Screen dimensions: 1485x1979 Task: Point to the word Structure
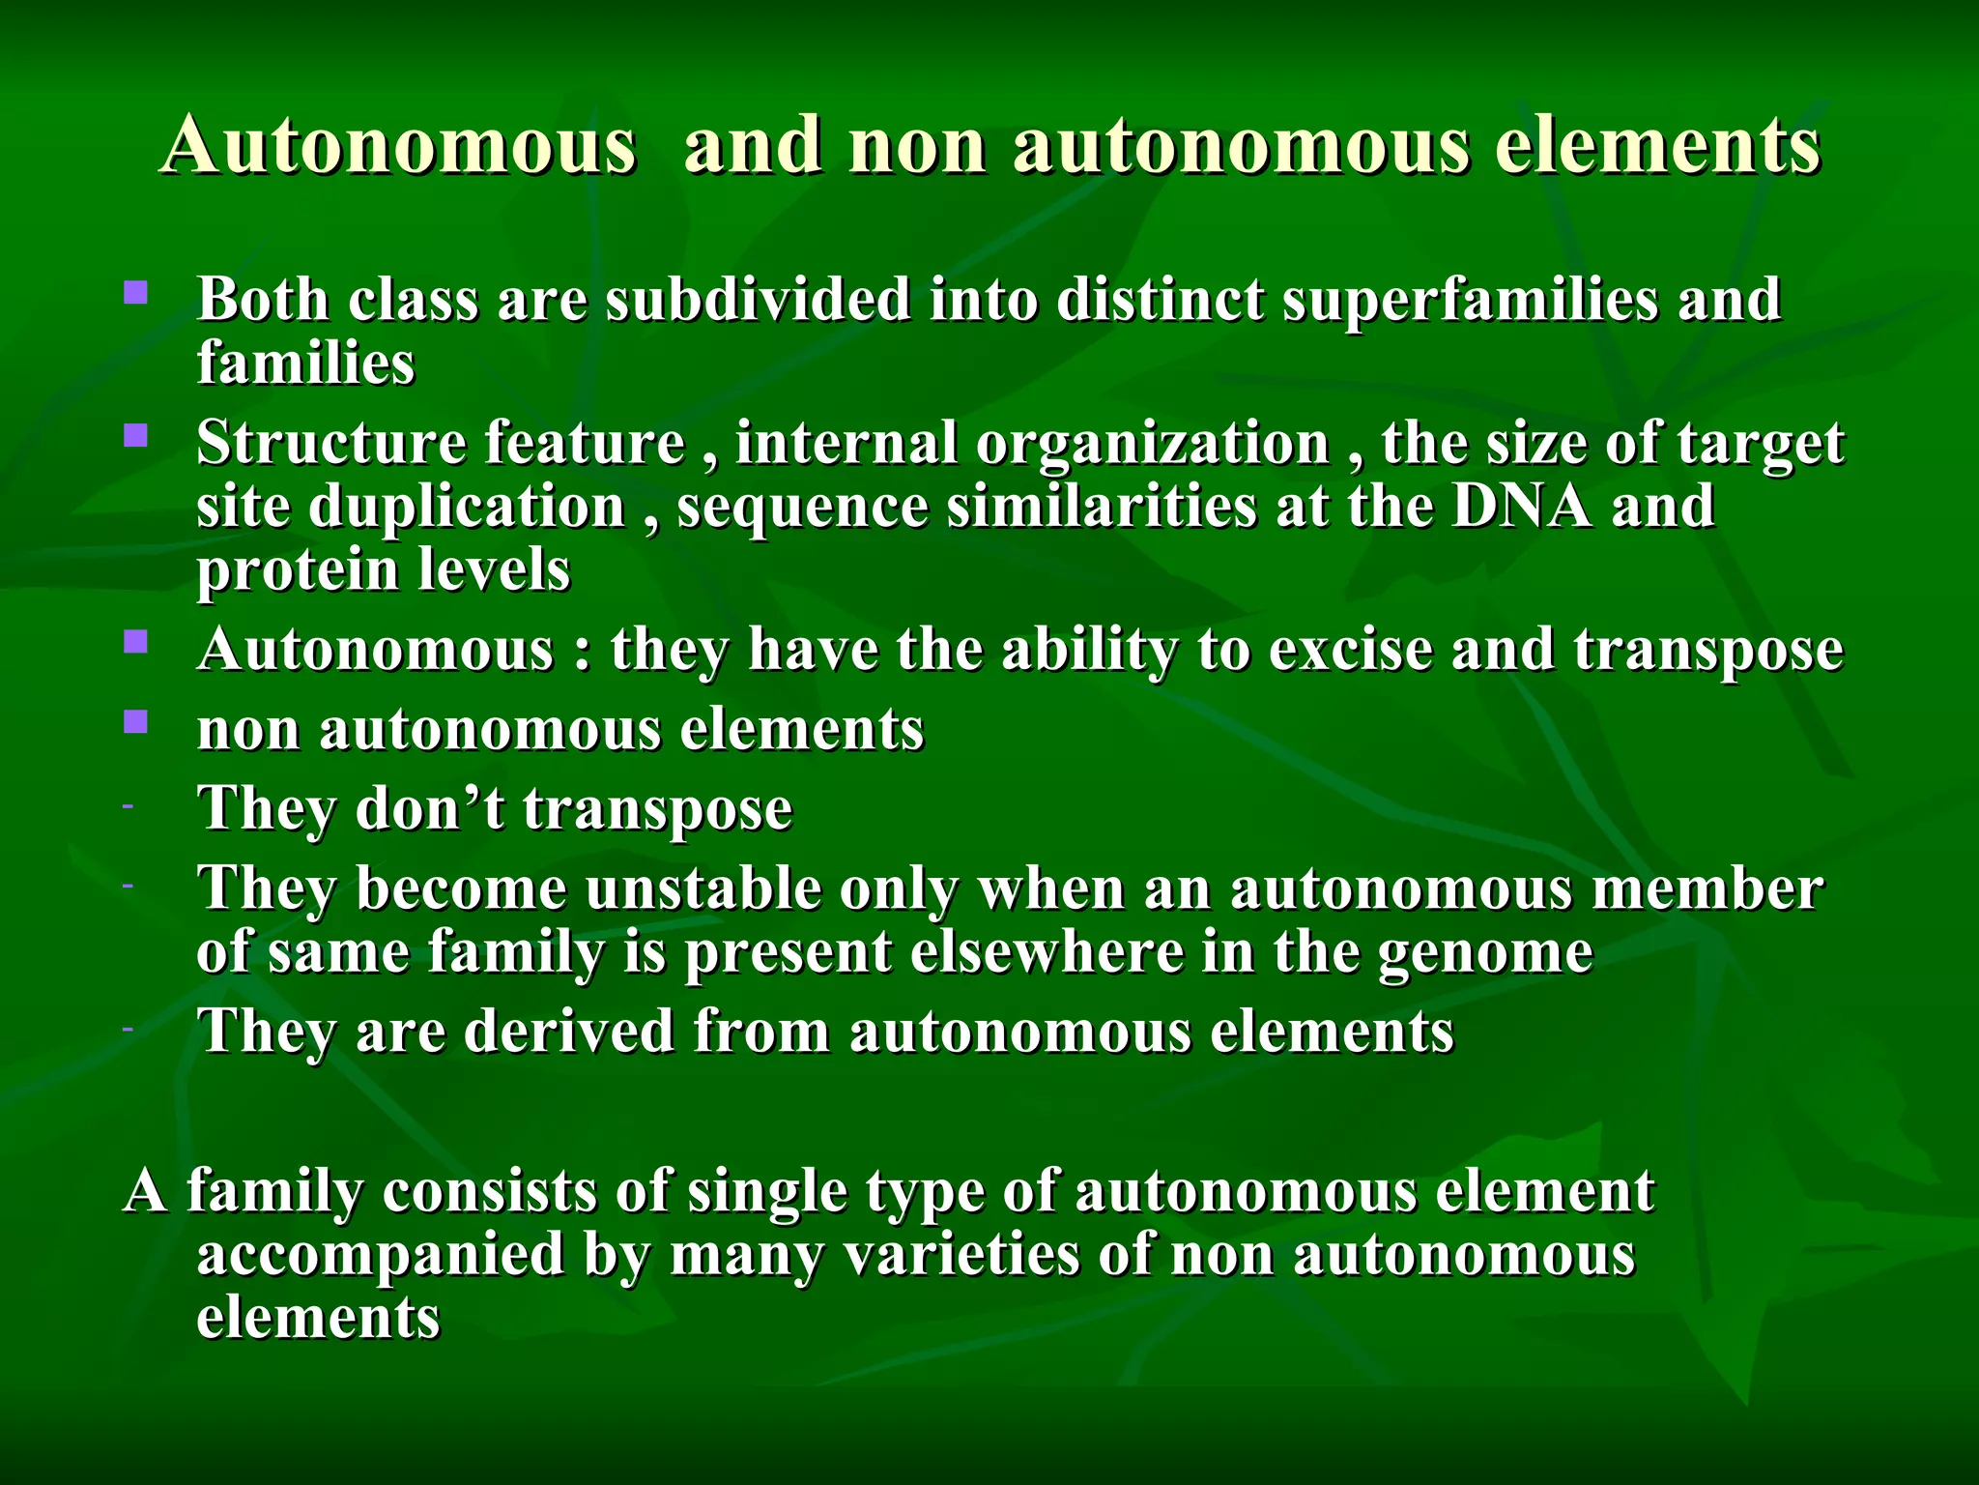point(330,443)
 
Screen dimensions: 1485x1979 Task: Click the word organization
point(1152,443)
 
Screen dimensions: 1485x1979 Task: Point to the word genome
point(1485,953)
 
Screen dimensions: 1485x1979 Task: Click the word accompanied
point(381,1254)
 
